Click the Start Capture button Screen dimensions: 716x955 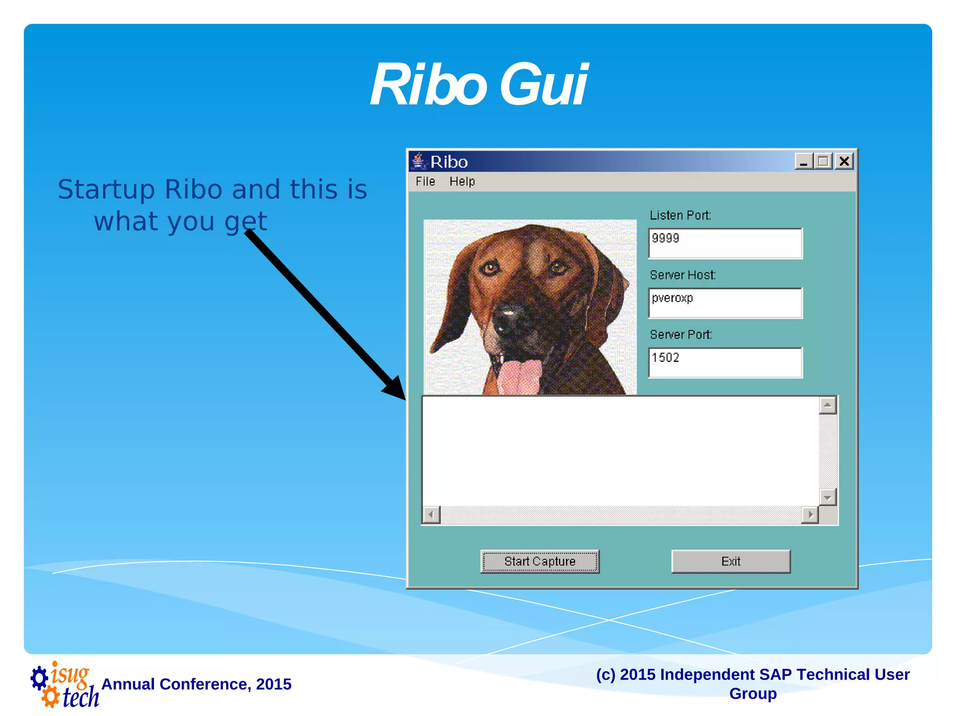click(540, 561)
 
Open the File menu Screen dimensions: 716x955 click(425, 181)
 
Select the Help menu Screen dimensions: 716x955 click(462, 181)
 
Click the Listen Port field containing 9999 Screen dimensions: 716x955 click(725, 243)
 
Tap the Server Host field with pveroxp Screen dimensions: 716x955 click(725, 303)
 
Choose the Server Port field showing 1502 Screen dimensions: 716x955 click(725, 362)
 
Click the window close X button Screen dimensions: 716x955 click(844, 161)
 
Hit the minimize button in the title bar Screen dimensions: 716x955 click(803, 161)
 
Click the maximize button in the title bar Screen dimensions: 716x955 click(824, 161)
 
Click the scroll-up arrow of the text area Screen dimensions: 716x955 click(827, 405)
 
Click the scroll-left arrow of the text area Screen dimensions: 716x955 click(431, 515)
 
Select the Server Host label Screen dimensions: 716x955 click(682, 275)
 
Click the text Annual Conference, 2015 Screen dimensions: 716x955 click(196, 684)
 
